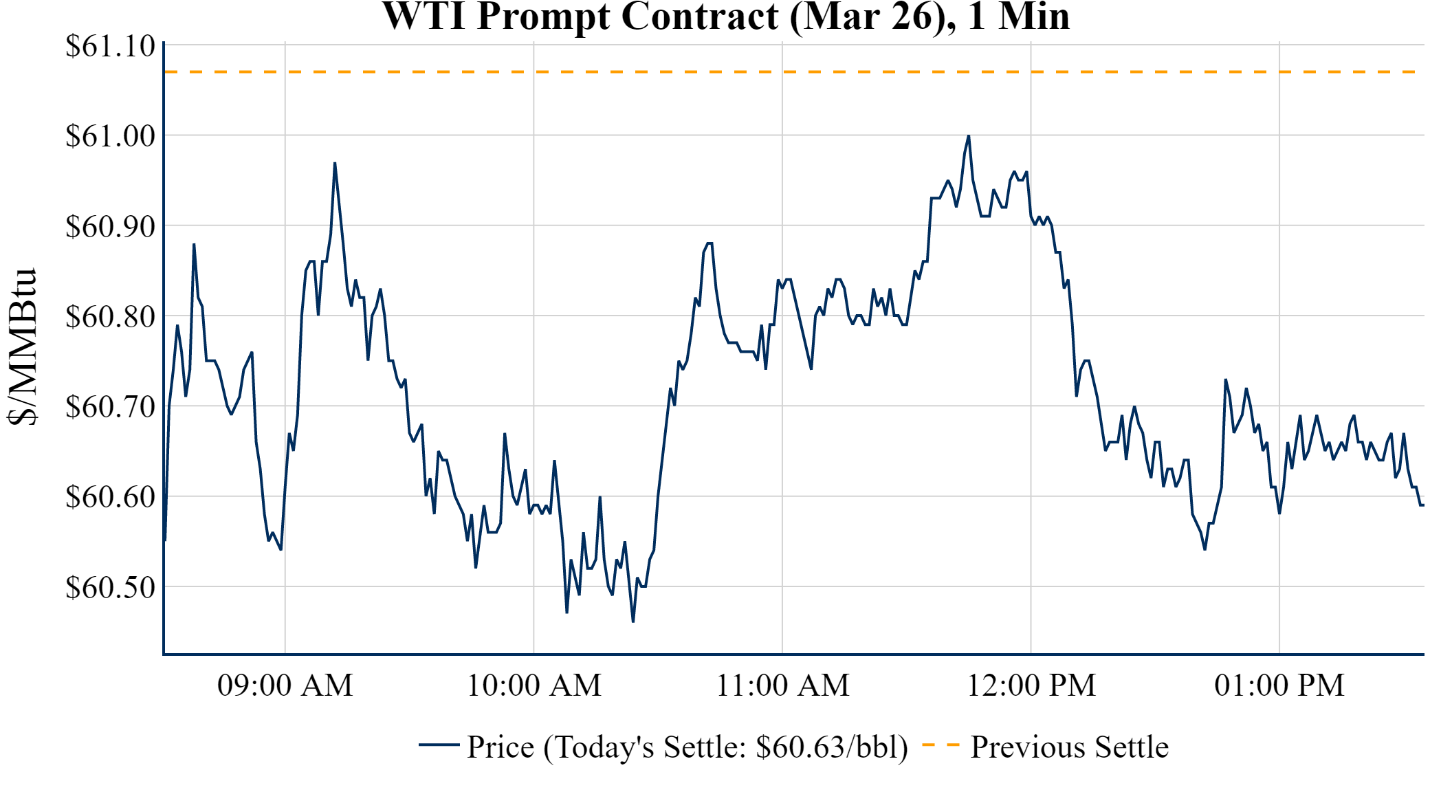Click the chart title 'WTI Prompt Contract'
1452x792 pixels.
(726, 16)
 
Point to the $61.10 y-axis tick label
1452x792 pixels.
(110, 46)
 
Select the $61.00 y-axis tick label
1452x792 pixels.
(110, 135)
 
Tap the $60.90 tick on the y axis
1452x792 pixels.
(110, 225)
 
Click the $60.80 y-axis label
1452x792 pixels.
(110, 316)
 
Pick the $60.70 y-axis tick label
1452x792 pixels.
(110, 406)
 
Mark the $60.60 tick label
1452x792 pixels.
(110, 496)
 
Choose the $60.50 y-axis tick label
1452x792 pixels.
(110, 587)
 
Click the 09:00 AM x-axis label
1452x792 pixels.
(285, 685)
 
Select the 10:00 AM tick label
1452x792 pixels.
(534, 685)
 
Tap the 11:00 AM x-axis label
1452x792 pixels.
(782, 685)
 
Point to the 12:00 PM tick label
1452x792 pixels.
(1031, 685)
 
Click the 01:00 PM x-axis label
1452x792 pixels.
(1279, 685)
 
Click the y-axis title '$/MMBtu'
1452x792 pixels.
(22, 347)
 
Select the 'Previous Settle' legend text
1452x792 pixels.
(1069, 747)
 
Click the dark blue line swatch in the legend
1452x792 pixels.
(439, 745)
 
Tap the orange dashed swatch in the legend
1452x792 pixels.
(940, 745)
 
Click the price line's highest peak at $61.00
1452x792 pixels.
(969, 136)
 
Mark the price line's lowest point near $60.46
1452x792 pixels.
(633, 621)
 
